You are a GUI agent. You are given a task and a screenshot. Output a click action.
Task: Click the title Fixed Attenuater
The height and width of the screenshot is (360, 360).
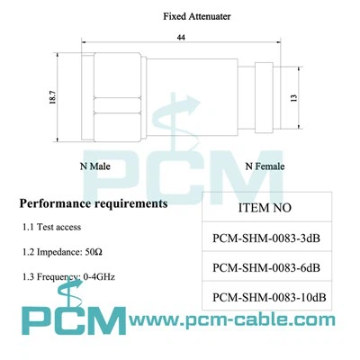point(197,16)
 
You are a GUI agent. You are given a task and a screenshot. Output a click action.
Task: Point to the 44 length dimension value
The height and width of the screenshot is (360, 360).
point(181,38)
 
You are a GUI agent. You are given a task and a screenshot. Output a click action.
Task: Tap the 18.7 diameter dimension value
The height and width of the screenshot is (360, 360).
point(52,97)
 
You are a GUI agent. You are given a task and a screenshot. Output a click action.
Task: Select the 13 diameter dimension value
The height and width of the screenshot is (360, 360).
point(294,98)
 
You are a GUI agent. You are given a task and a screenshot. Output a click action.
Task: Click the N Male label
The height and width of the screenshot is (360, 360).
point(94,166)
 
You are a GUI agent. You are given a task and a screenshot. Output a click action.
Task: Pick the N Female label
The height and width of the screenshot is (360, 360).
point(265,166)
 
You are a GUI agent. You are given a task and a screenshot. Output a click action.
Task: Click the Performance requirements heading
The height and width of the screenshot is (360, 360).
point(94,203)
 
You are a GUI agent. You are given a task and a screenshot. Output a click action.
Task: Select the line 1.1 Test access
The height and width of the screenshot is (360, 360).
point(51,227)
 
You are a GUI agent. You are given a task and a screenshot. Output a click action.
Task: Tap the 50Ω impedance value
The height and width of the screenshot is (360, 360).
point(94,252)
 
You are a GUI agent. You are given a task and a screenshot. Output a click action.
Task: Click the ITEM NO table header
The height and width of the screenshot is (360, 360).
point(265,208)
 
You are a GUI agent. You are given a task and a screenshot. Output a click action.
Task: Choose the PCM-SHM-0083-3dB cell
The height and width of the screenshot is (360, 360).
point(266,238)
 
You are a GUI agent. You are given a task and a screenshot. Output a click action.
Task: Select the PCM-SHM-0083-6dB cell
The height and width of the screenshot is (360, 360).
point(266,267)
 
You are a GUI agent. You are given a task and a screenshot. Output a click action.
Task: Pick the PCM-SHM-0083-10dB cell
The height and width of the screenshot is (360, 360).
point(269,297)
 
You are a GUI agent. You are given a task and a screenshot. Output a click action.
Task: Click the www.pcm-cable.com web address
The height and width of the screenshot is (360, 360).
point(232,319)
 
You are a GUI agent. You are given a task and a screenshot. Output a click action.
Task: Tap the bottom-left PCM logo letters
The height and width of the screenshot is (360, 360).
point(74,320)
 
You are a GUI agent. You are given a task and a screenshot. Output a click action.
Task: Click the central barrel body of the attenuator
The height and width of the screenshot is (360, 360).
point(192,98)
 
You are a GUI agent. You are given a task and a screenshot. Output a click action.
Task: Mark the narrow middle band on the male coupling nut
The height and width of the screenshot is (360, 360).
point(117,105)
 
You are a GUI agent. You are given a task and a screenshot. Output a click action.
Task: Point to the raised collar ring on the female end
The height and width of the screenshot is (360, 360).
point(264,98)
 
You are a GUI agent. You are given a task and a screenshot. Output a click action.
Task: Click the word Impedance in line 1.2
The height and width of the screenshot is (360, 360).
point(59,252)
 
